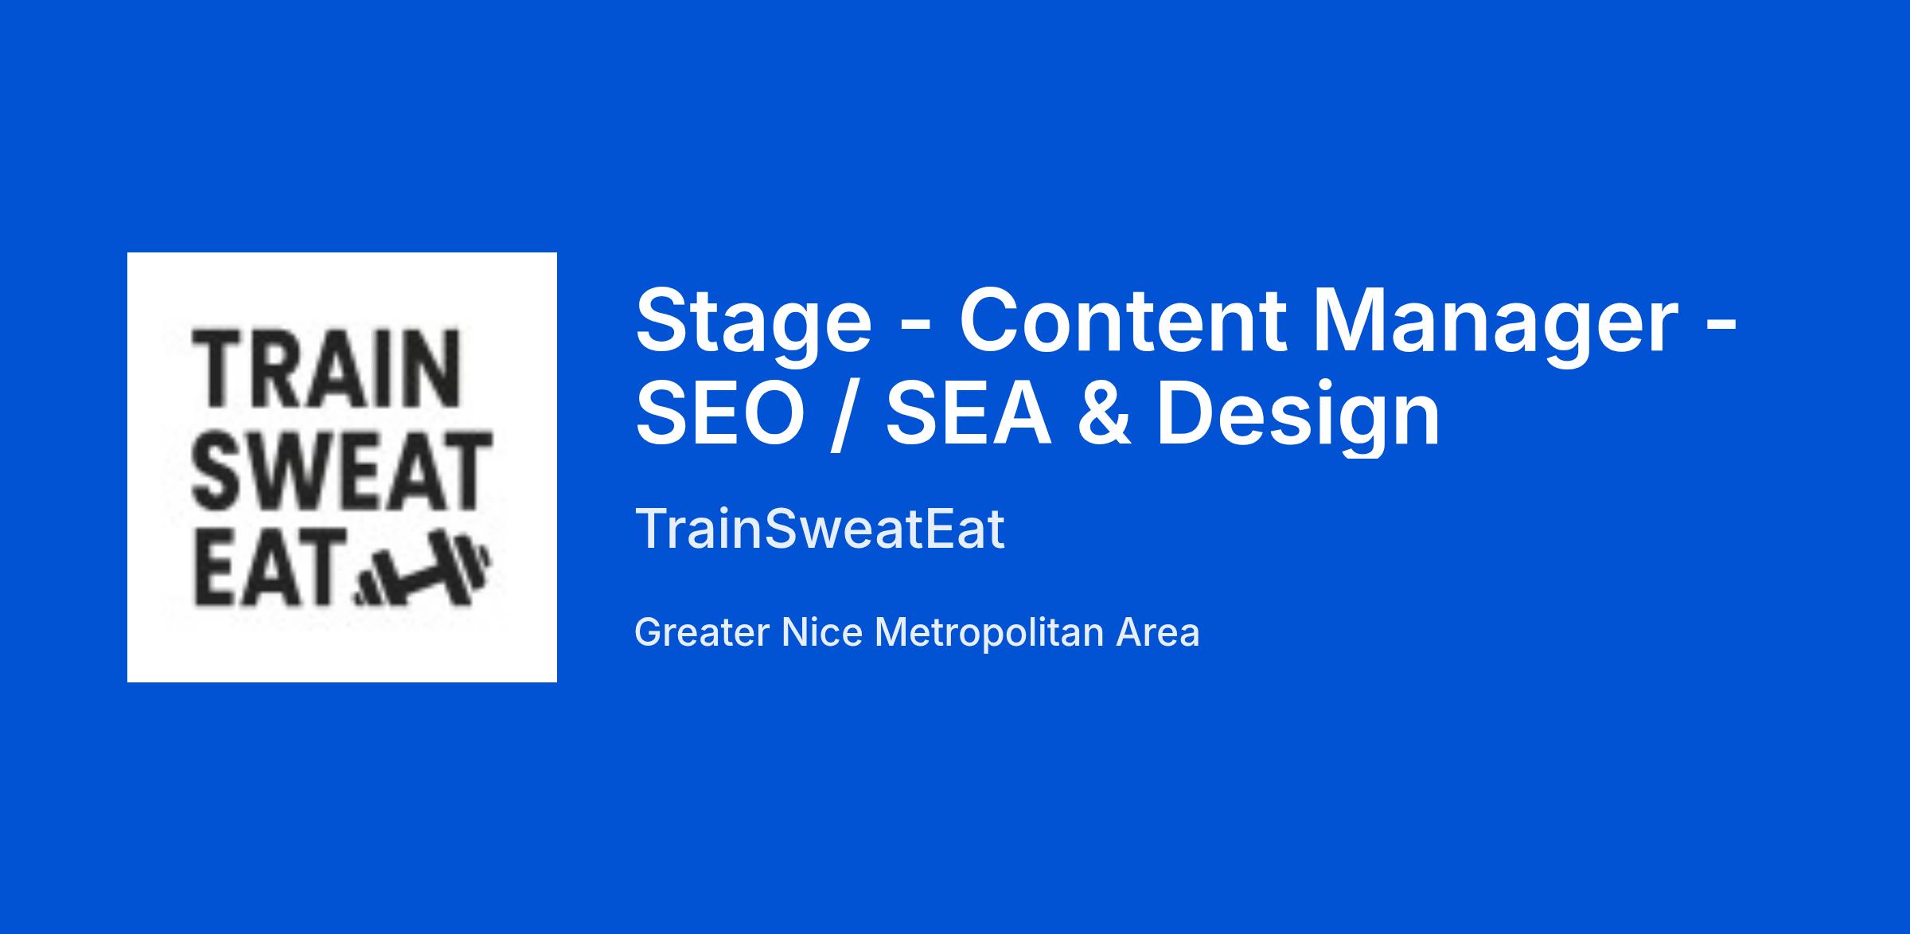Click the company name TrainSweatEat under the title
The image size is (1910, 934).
[x=820, y=529]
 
